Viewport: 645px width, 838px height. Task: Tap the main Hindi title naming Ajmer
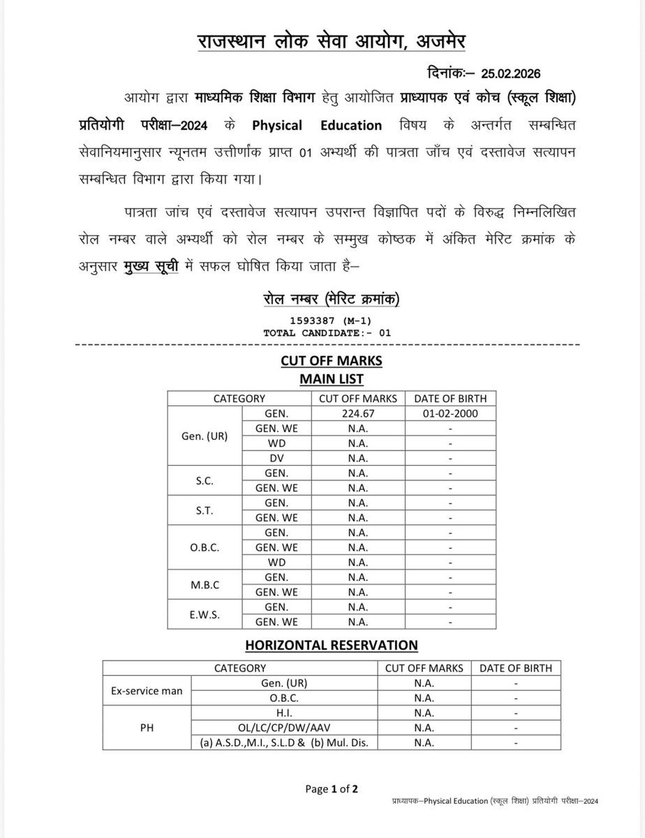[332, 42]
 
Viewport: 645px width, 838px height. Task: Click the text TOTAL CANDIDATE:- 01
[327, 333]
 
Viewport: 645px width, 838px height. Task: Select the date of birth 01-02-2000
[451, 413]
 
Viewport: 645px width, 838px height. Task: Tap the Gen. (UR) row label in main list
[204, 436]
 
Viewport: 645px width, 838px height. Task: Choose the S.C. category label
[204, 480]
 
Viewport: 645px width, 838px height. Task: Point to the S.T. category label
[204, 510]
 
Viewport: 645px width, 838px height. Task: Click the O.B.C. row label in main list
[204, 547]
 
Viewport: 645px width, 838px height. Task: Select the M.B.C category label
[204, 585]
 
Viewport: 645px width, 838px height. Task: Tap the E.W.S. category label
[204, 614]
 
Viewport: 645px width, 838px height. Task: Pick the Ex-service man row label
[147, 691]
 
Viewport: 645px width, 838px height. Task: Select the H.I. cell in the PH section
[284, 713]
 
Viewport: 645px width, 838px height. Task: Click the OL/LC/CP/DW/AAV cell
[284, 728]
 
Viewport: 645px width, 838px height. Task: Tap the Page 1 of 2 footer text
[332, 789]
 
